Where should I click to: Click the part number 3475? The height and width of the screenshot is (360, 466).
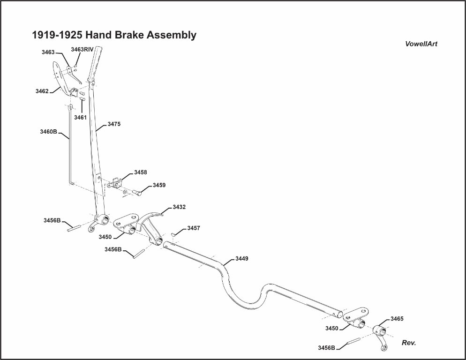click(114, 124)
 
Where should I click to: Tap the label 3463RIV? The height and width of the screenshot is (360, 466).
click(82, 49)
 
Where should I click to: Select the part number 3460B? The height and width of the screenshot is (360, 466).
click(48, 132)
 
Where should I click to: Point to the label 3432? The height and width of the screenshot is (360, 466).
click(179, 207)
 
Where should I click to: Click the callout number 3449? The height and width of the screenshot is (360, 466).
click(241, 259)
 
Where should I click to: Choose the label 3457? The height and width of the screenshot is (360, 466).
click(194, 228)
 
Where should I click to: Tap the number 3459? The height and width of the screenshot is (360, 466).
click(159, 185)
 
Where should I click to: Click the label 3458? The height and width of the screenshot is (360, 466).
click(141, 172)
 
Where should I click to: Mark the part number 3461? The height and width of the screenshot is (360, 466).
click(80, 118)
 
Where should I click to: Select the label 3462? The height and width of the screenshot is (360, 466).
click(42, 91)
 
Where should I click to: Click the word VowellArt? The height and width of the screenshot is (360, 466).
click(421, 44)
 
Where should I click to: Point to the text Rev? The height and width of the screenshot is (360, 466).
click(409, 343)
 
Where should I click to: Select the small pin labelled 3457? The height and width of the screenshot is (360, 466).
click(173, 234)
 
